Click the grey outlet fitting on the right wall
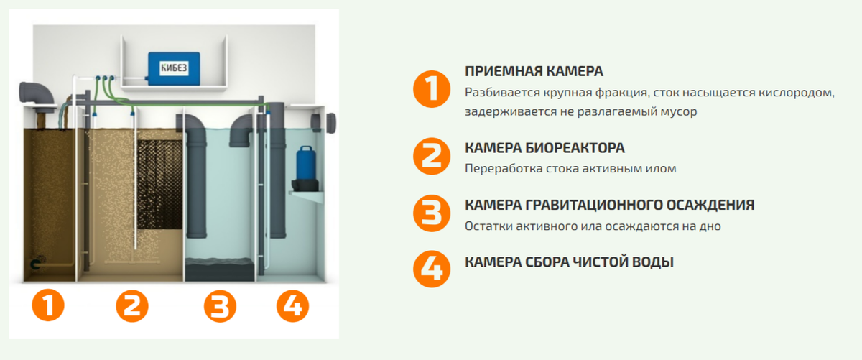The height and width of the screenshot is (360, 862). [330, 122]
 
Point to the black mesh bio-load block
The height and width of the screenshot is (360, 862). [156, 184]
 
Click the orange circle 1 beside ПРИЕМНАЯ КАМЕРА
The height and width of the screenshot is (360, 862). [431, 89]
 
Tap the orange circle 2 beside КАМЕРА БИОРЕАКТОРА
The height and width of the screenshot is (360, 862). [431, 157]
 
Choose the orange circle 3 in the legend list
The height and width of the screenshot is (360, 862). [431, 213]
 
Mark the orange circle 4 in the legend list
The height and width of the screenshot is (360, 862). [431, 267]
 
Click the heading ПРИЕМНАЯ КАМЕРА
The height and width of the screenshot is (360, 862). [534, 72]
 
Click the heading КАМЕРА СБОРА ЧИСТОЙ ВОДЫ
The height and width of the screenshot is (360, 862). [569, 262]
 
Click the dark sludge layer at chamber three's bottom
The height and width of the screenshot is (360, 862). [221, 272]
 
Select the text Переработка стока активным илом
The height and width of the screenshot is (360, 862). [570, 169]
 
